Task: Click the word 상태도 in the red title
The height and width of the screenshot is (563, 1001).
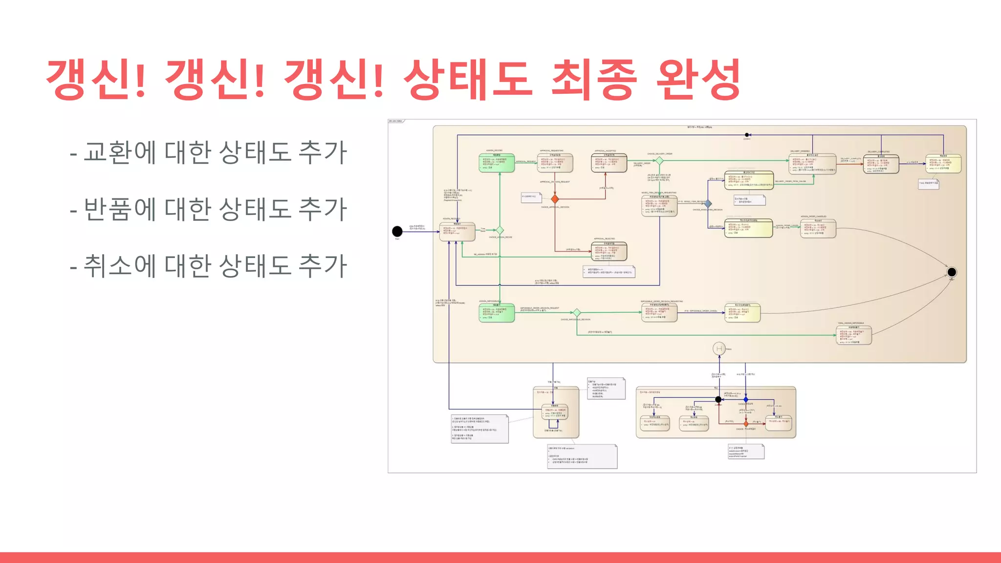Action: coord(468,79)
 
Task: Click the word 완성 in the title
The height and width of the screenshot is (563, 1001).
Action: coord(697,79)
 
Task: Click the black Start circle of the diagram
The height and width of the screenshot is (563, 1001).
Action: coord(397,231)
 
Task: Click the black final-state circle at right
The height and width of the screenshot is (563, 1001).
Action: coord(951,272)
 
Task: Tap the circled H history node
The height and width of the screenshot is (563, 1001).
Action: coord(719,348)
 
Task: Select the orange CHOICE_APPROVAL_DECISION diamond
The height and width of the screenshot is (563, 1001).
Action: coord(555,199)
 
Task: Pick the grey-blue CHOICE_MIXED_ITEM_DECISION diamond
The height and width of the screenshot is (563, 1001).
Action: coord(708,203)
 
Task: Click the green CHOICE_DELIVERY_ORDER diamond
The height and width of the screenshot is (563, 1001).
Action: coord(659,160)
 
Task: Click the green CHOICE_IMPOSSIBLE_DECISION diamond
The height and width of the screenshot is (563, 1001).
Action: coord(577,312)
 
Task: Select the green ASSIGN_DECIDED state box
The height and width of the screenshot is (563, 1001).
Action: coord(497,163)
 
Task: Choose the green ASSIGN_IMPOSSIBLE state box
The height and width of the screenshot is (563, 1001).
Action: coord(497,313)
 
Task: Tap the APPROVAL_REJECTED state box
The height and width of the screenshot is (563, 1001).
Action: coord(609,251)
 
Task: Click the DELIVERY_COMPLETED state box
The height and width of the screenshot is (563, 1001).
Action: coord(881,164)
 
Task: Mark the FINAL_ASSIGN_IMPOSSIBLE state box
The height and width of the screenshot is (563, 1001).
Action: coord(853,336)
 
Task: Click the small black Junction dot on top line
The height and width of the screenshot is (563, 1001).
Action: coord(747,135)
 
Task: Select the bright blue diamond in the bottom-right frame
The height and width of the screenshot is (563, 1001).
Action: coord(746,400)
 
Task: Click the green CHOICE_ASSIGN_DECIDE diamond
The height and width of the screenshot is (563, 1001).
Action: coord(500,230)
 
